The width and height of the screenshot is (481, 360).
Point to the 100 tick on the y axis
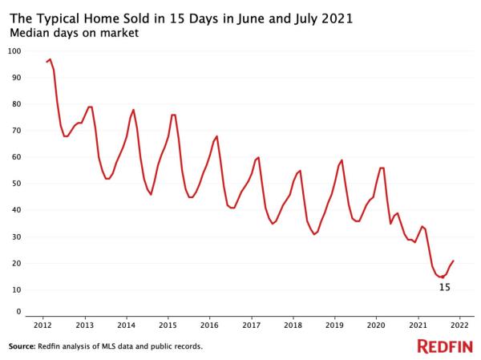[14, 51]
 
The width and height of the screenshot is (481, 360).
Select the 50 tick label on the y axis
[14, 184]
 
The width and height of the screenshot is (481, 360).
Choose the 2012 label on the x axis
[42, 326]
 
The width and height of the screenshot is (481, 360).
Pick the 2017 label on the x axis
[251, 326]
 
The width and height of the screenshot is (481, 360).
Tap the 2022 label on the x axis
[459, 326]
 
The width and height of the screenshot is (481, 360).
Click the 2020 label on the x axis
[376, 326]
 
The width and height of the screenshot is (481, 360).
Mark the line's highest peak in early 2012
[50, 59]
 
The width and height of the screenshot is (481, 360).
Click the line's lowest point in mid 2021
[442, 277]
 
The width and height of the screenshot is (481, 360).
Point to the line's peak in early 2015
[173, 115]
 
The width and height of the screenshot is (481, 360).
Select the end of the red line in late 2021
[454, 261]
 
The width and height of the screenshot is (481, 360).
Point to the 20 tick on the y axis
[14, 263]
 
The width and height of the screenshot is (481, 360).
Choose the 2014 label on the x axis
[126, 326]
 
